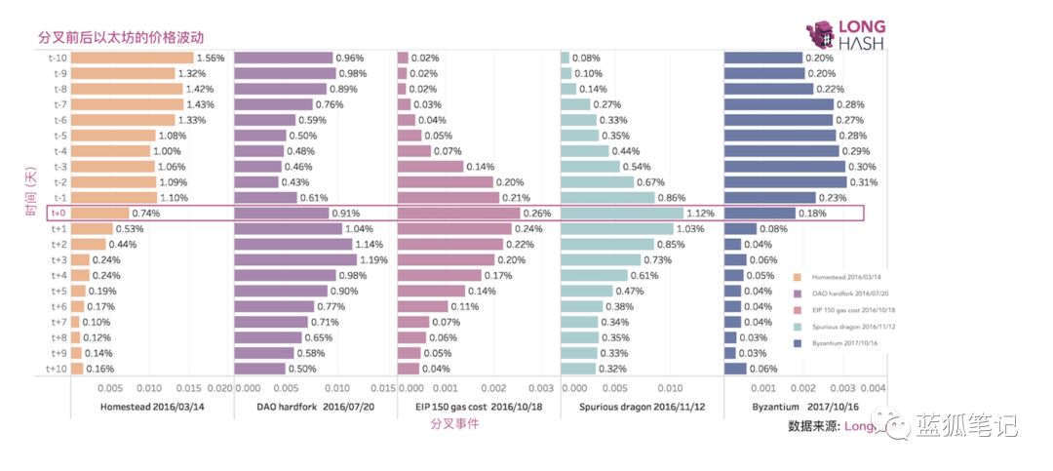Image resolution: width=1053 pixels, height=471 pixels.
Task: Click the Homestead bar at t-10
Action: [133, 58]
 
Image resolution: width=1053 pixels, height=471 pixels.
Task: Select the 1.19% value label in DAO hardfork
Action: [376, 260]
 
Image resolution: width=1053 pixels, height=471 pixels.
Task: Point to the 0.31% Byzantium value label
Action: [864, 182]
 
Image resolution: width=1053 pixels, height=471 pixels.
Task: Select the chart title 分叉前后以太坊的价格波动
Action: [121, 38]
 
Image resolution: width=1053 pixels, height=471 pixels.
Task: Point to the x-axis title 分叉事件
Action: [454, 424]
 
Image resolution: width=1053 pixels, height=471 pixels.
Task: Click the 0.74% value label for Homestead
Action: [146, 214]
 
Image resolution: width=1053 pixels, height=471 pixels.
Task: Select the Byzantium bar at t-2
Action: [785, 182]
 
